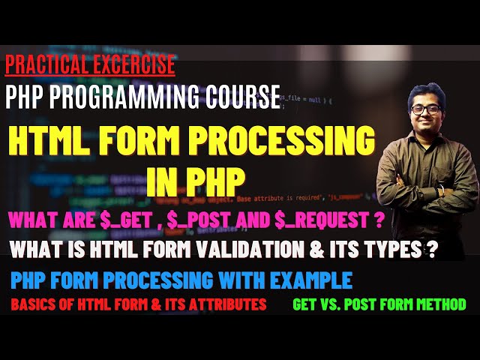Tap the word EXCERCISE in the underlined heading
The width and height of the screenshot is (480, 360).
pyautogui.click(x=132, y=65)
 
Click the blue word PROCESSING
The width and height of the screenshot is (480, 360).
pyautogui.click(x=168, y=280)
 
